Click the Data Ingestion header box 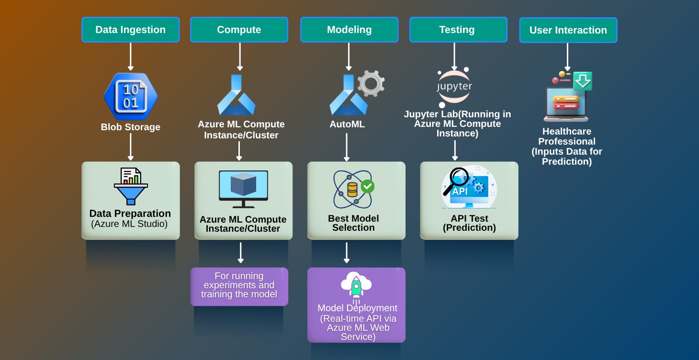coord(130,30)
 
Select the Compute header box coord(239,30)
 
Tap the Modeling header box coord(349,30)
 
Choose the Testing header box coord(457,30)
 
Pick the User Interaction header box coord(568,30)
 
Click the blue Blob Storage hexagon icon coord(130,96)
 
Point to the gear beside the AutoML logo coord(371,83)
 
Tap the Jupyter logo coord(454,87)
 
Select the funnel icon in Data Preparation coord(131,187)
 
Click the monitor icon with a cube coord(243,189)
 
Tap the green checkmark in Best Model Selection coord(368,186)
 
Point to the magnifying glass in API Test coord(455,181)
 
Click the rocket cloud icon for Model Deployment coord(356,287)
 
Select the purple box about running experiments coord(239,286)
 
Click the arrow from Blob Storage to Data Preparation coord(130,146)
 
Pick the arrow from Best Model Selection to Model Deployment coord(347,253)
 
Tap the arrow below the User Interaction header coord(567,57)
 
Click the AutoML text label coord(347,124)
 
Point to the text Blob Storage coord(130,127)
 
